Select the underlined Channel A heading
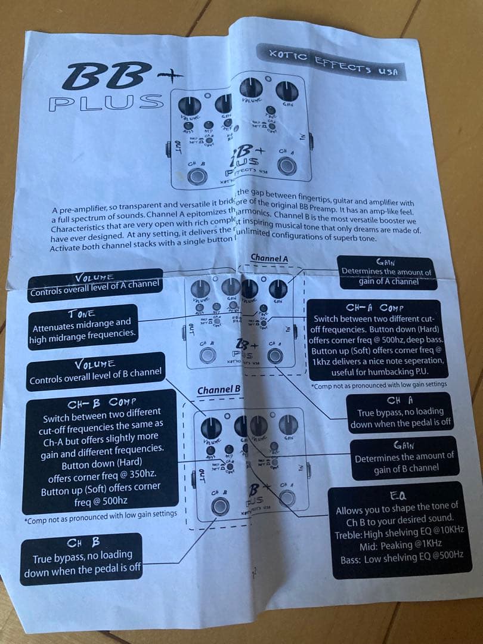(269, 258)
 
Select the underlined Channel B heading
(219, 390)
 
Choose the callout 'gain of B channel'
(404, 457)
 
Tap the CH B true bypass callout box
(82, 558)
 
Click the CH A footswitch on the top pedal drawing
(287, 166)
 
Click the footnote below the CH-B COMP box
(101, 514)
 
